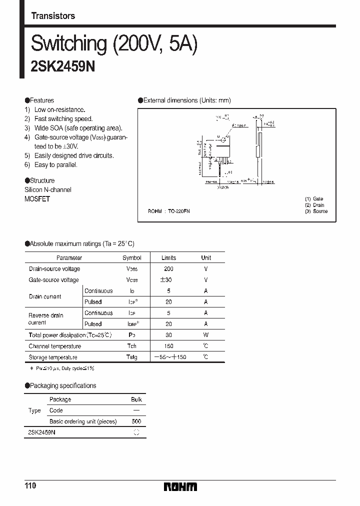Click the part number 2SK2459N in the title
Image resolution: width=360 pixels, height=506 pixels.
tap(63, 67)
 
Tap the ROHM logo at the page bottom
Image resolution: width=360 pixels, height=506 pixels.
tap(180, 486)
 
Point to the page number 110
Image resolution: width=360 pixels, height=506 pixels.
tap(30, 486)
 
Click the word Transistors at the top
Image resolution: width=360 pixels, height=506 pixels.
tap(53, 16)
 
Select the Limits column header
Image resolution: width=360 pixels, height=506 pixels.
tap(168, 258)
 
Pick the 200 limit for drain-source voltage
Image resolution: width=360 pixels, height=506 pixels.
tap(168, 269)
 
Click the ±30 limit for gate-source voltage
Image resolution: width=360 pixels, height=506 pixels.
tap(168, 280)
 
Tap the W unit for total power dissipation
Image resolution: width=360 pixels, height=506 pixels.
tap(206, 335)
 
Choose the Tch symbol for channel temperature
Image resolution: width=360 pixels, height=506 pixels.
tap(132, 346)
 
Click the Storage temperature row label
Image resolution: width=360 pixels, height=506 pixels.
tap(53, 357)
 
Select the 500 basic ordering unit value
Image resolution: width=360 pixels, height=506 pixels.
tap(136, 421)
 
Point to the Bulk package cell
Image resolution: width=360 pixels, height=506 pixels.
tap(136, 399)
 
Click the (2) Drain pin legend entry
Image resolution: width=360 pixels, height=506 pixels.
tap(315, 205)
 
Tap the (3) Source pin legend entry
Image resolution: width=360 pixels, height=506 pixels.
tap(316, 211)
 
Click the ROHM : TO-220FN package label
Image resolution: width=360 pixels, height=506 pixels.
tap(169, 211)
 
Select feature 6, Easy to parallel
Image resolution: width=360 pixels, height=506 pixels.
tap(55, 165)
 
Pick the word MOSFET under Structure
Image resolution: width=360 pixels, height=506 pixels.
tap(37, 198)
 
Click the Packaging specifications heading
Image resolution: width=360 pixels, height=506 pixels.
tap(63, 385)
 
